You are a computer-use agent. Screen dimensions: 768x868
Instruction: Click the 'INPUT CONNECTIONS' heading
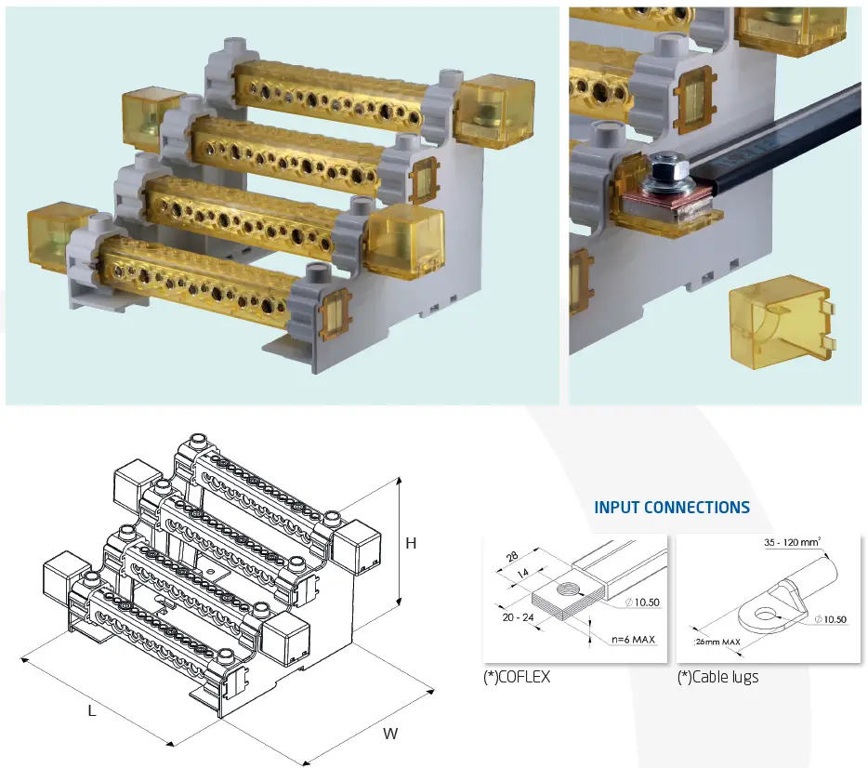pyautogui.click(x=671, y=508)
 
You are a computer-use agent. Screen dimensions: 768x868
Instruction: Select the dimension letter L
pyautogui.click(x=92, y=709)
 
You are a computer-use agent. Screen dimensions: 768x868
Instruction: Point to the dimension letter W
pyautogui.click(x=390, y=734)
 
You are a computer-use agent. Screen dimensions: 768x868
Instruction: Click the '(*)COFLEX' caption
pyautogui.click(x=516, y=678)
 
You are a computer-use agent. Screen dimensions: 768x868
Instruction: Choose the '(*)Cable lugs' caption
pyautogui.click(x=717, y=678)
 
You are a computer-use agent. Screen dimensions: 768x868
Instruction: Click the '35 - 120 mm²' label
pyautogui.click(x=796, y=542)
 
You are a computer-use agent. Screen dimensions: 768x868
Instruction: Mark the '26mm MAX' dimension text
pyautogui.click(x=718, y=642)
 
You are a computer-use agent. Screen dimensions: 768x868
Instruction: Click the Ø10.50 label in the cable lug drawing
pyautogui.click(x=834, y=619)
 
